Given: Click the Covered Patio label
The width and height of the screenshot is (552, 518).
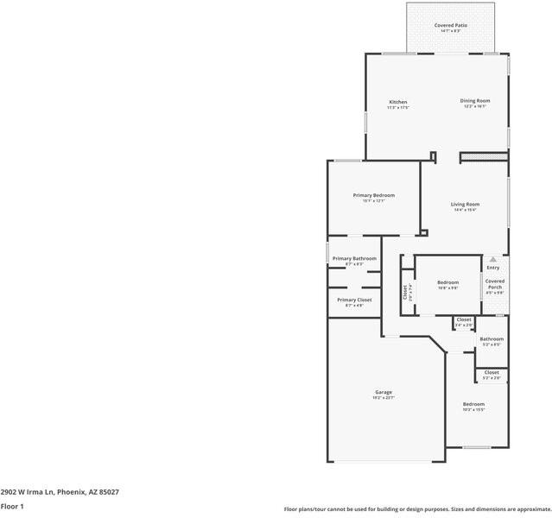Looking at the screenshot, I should (x=450, y=26).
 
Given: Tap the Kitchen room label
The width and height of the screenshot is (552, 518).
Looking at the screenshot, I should (x=397, y=102).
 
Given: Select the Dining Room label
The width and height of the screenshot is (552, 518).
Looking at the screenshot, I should (x=475, y=101).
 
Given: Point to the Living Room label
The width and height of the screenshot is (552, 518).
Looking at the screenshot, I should (x=465, y=205).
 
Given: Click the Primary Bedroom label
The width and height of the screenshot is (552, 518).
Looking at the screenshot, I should (x=373, y=195).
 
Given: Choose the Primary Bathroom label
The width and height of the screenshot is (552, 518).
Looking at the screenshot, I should (x=354, y=259).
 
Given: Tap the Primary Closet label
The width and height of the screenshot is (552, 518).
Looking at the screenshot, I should (x=354, y=300).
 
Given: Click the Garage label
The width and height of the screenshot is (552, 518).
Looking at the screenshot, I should (x=384, y=393).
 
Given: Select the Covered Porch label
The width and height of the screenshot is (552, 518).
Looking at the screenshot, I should (x=495, y=284).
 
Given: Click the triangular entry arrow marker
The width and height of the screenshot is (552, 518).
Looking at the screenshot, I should (x=493, y=259).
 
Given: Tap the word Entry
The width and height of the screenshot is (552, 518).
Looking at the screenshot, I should (x=493, y=268).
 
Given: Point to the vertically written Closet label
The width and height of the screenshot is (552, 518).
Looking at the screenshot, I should (x=404, y=293).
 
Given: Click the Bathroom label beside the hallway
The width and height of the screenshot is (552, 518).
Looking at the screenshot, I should (x=492, y=339).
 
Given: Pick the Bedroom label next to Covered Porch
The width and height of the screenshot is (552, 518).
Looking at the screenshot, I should (x=447, y=283).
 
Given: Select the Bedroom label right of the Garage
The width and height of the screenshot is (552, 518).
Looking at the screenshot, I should (x=473, y=404).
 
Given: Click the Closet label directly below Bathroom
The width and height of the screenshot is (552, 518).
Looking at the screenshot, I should (x=492, y=373).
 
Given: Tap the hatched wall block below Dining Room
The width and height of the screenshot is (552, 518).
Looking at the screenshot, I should (x=484, y=156).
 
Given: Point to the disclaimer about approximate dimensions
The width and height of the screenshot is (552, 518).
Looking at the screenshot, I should (x=417, y=509).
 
